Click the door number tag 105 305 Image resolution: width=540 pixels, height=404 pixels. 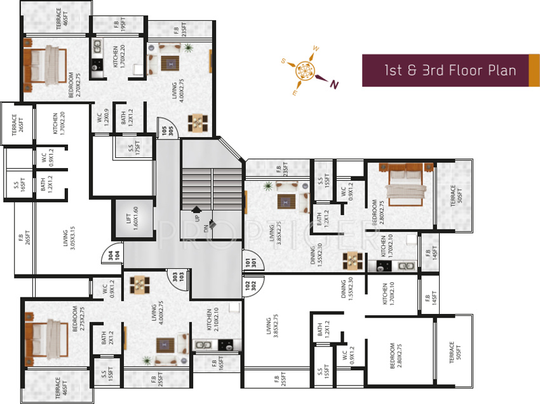(167, 131)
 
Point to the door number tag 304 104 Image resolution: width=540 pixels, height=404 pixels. (113, 256)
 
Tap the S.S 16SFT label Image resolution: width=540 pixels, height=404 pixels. (17, 185)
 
